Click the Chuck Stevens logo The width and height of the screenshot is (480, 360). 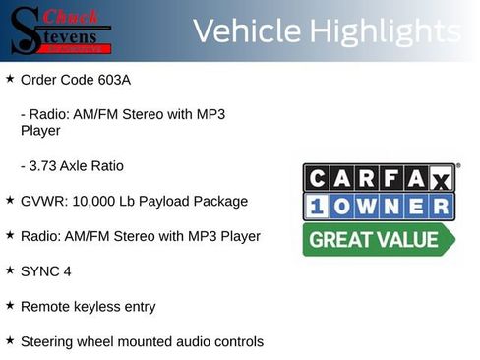59,30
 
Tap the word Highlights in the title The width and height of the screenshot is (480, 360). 384,31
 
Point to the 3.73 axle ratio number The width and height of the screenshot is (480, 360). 48,165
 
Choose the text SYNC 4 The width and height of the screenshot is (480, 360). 46,270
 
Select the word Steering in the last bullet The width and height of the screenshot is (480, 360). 48,341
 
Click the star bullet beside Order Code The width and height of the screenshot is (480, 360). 10,77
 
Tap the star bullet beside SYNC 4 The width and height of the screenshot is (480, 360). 10,270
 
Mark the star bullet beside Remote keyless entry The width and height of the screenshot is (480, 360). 10,305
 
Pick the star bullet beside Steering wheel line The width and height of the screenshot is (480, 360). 10,340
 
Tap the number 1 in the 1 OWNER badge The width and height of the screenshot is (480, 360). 318,207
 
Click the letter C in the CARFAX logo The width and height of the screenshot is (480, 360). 318,178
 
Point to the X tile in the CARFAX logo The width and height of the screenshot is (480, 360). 441,178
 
